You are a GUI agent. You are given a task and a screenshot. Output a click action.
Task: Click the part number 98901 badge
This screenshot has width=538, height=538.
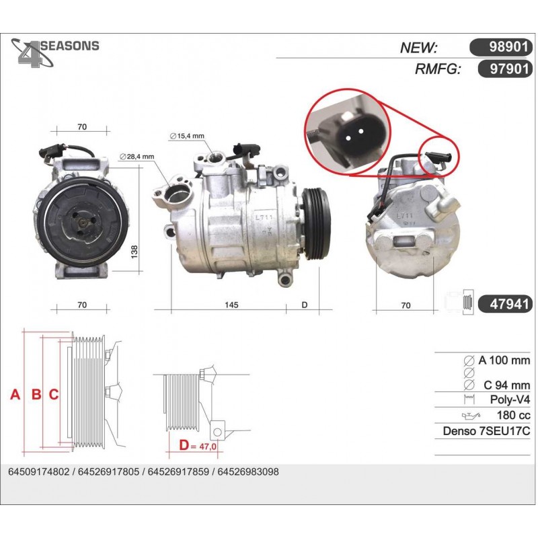pos(501,47)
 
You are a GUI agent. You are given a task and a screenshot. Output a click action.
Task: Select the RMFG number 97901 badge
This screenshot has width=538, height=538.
pos(506,69)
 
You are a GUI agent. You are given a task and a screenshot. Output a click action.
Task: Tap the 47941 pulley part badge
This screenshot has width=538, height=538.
pos(506,304)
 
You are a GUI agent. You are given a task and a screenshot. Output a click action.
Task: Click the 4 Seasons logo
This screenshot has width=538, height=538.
pos(55,52)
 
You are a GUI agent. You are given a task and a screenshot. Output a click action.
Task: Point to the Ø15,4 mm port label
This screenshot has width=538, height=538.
pos(187,136)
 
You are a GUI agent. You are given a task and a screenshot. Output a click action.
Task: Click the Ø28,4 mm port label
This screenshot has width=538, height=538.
pos(137,157)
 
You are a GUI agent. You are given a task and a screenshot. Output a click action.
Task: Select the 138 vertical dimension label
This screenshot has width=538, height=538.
pos(134,252)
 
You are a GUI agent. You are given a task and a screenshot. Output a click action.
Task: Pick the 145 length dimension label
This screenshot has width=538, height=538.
pos(231,305)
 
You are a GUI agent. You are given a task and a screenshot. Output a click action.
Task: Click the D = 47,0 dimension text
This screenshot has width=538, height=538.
pos(198,445)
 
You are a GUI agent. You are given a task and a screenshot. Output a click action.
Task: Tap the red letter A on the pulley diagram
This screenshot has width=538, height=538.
pos(15,395)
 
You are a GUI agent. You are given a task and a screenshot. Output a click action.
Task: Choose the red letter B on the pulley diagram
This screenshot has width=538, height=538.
pos(36,395)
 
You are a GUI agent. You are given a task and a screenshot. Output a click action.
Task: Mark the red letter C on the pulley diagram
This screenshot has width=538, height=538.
pos(54,395)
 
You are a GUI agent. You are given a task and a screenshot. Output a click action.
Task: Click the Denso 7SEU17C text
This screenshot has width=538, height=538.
pos(486,431)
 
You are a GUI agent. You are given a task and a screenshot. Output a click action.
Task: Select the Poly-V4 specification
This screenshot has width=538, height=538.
pos(510,399)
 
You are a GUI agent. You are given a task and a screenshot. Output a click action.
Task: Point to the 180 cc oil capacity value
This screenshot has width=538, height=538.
pos(513,415)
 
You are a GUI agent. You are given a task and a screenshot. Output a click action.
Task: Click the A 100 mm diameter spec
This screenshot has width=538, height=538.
pos(504,360)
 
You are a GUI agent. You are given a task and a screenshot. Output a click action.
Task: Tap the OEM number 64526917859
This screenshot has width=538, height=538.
pos(178,472)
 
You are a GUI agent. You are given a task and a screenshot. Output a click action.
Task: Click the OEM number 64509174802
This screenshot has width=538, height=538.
pos(39,472)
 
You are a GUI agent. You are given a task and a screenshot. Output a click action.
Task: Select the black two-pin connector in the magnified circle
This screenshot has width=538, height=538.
pos(355,135)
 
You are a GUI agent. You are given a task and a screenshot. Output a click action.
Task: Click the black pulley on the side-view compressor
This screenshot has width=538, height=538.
pos(316,224)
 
